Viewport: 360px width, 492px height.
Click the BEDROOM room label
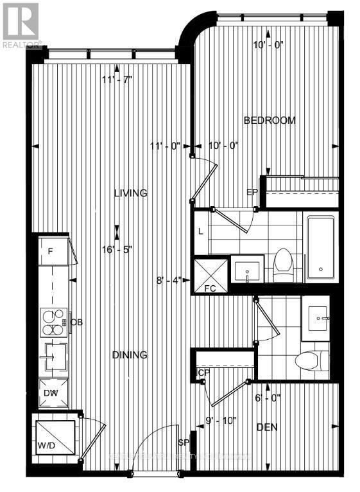point(270,120)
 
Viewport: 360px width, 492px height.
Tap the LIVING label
point(131,193)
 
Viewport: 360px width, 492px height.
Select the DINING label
point(130,355)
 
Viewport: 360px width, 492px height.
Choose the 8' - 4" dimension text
point(169,280)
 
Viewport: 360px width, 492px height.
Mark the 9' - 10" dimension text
point(221,421)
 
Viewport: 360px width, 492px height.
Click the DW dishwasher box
point(52,394)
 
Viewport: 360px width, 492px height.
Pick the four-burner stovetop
point(55,322)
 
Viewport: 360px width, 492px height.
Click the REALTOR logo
point(21,24)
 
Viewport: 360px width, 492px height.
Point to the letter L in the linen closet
point(201,231)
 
